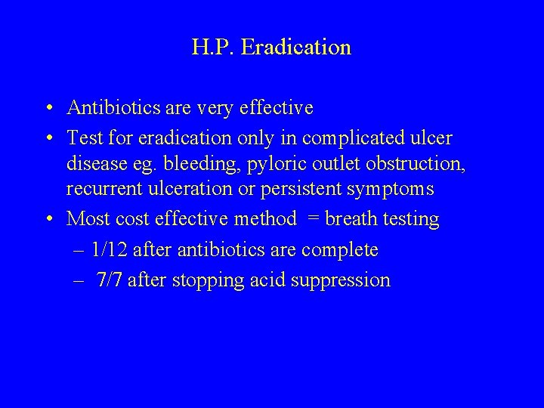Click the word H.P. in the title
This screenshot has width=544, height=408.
pos(214,48)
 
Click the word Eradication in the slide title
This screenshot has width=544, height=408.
pos(296,48)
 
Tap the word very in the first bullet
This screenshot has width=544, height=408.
pos(214,109)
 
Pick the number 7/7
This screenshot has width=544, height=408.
pos(111,280)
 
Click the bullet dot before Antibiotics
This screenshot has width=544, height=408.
pos(48,109)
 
